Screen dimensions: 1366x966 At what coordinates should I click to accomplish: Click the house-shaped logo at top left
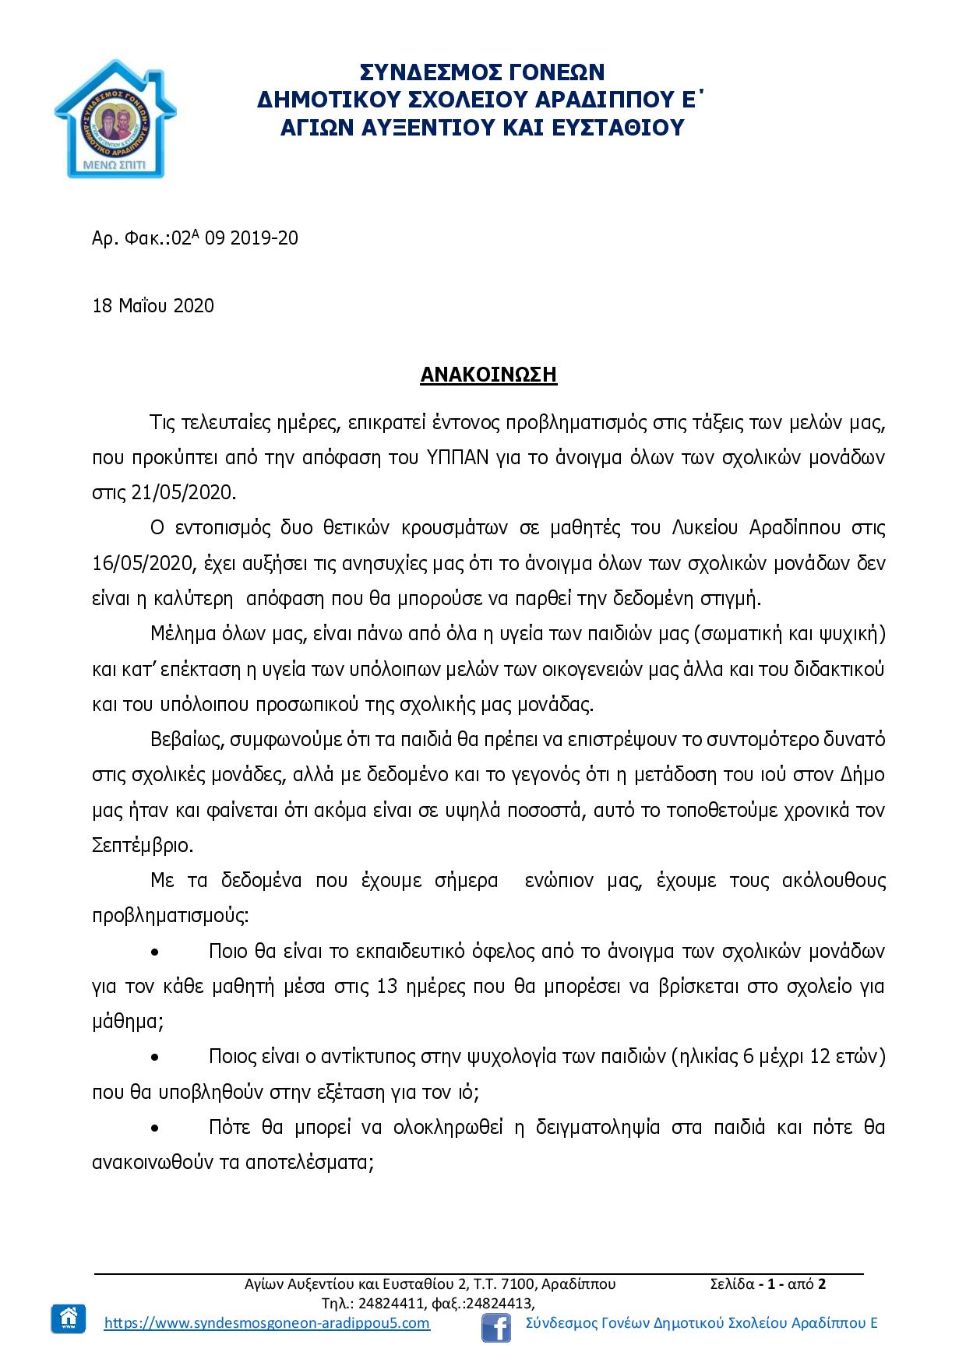(115, 118)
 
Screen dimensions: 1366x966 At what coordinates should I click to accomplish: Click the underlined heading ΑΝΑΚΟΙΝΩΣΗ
(488, 375)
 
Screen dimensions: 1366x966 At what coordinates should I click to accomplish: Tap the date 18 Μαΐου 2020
(153, 306)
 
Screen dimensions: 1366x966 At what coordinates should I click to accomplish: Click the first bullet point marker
(156, 952)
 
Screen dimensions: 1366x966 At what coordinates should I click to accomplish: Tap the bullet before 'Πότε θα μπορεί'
(156, 1128)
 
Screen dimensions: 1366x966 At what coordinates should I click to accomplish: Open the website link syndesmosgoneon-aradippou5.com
(266, 1323)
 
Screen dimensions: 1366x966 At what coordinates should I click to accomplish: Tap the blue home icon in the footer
(69, 1318)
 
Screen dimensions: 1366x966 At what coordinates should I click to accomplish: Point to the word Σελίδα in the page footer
(732, 1283)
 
